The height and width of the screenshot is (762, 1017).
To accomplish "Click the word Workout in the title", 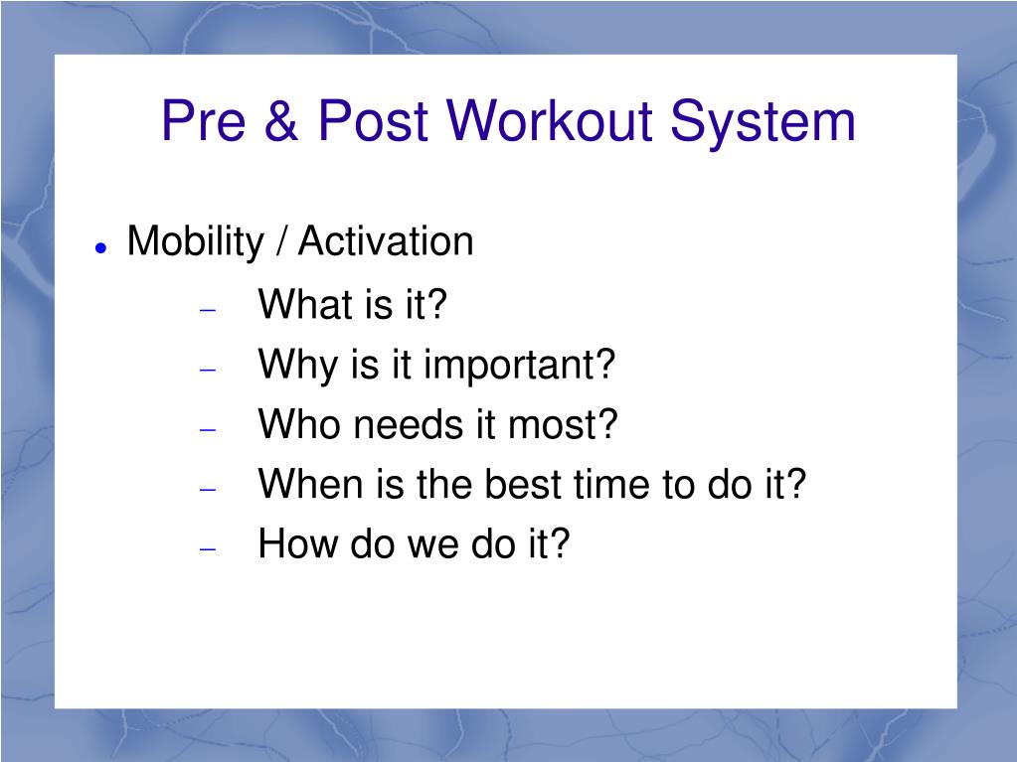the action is [x=549, y=120].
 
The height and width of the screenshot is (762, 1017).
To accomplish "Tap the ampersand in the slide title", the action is [x=280, y=120].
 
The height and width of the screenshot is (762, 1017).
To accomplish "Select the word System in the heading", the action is [x=763, y=123].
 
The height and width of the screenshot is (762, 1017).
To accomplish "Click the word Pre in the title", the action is [x=204, y=120].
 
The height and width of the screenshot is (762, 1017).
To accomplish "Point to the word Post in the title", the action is [x=373, y=120].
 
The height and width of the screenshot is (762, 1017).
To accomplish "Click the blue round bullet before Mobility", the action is [x=100, y=246].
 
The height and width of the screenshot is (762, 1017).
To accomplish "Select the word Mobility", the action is [x=196, y=242].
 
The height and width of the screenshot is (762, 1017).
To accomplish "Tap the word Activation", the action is [x=386, y=241].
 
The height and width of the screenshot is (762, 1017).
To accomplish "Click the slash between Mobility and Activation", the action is [x=281, y=241].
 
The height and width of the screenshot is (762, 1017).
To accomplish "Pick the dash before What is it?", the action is [x=208, y=310].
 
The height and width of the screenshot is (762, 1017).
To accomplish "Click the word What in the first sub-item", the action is [x=300, y=303].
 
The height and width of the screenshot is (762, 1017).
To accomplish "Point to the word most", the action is [x=563, y=424].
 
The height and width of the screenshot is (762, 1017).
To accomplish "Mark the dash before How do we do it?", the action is [x=208, y=549].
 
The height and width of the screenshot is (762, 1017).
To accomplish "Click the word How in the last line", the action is [x=297, y=543].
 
